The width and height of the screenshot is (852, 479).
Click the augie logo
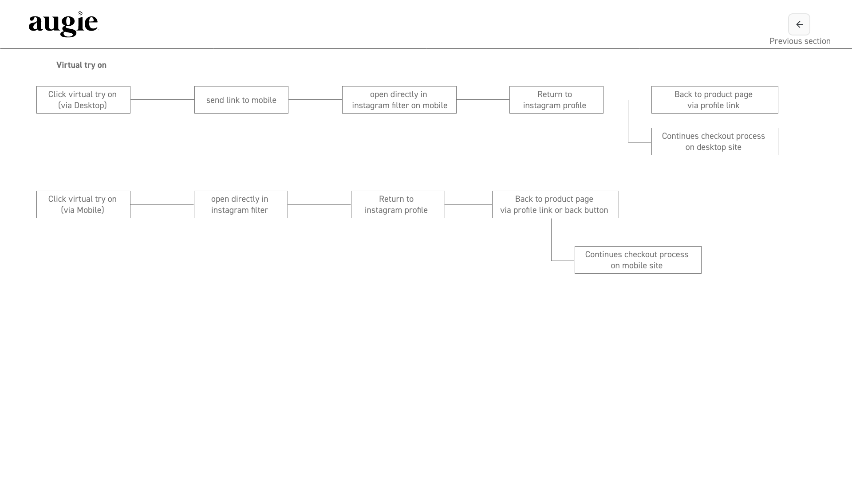[x=63, y=24]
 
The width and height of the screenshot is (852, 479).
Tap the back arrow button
[x=799, y=24]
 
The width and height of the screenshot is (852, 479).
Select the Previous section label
[x=800, y=41]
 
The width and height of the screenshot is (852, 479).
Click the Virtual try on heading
[x=81, y=65]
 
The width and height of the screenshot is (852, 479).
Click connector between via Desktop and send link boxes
[x=162, y=100]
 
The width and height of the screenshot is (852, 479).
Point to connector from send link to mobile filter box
[x=315, y=100]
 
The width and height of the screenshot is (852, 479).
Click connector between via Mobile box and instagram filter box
[x=162, y=204]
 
